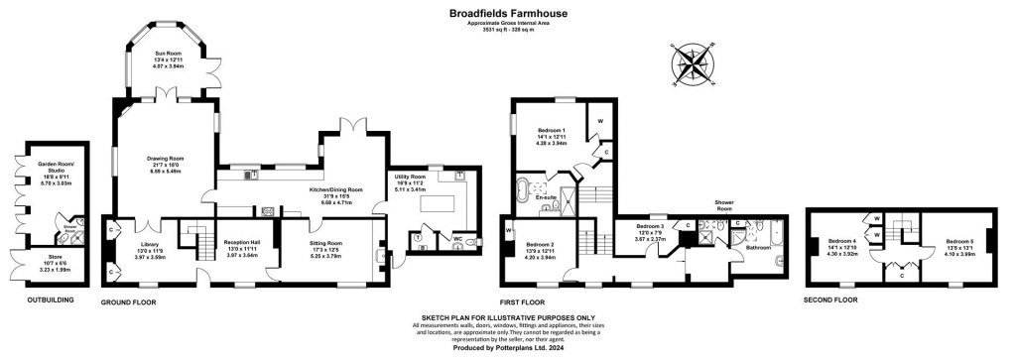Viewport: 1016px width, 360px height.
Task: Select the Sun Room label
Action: tap(169, 55)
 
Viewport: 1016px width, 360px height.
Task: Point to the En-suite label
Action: tap(545, 197)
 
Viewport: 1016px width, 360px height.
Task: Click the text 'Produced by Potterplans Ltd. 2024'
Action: tap(507, 347)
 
